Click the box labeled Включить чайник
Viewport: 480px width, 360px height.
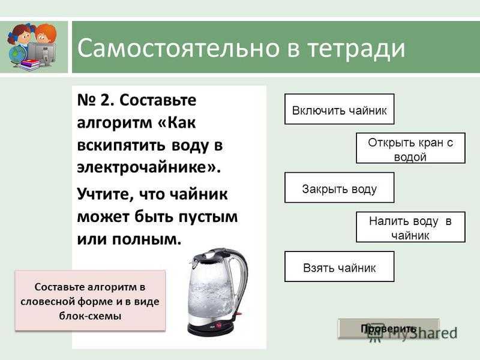(339, 109)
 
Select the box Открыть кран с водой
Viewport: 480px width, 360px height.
(410, 148)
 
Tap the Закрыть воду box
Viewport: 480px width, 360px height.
(339, 188)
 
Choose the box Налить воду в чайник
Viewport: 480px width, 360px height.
(410, 227)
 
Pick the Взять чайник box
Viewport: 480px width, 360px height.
(339, 266)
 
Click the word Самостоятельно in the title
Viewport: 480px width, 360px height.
(178, 48)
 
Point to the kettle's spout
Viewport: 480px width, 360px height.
(194, 261)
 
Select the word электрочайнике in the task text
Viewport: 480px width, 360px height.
(148, 167)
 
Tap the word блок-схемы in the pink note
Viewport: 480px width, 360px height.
(91, 316)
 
